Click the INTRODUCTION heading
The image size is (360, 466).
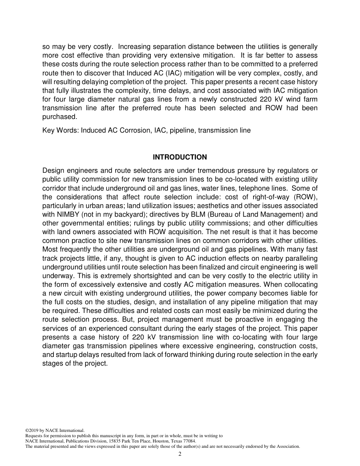click(x=180, y=157)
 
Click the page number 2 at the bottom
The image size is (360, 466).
click(x=180, y=454)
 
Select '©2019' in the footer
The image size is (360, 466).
click(x=32, y=430)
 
